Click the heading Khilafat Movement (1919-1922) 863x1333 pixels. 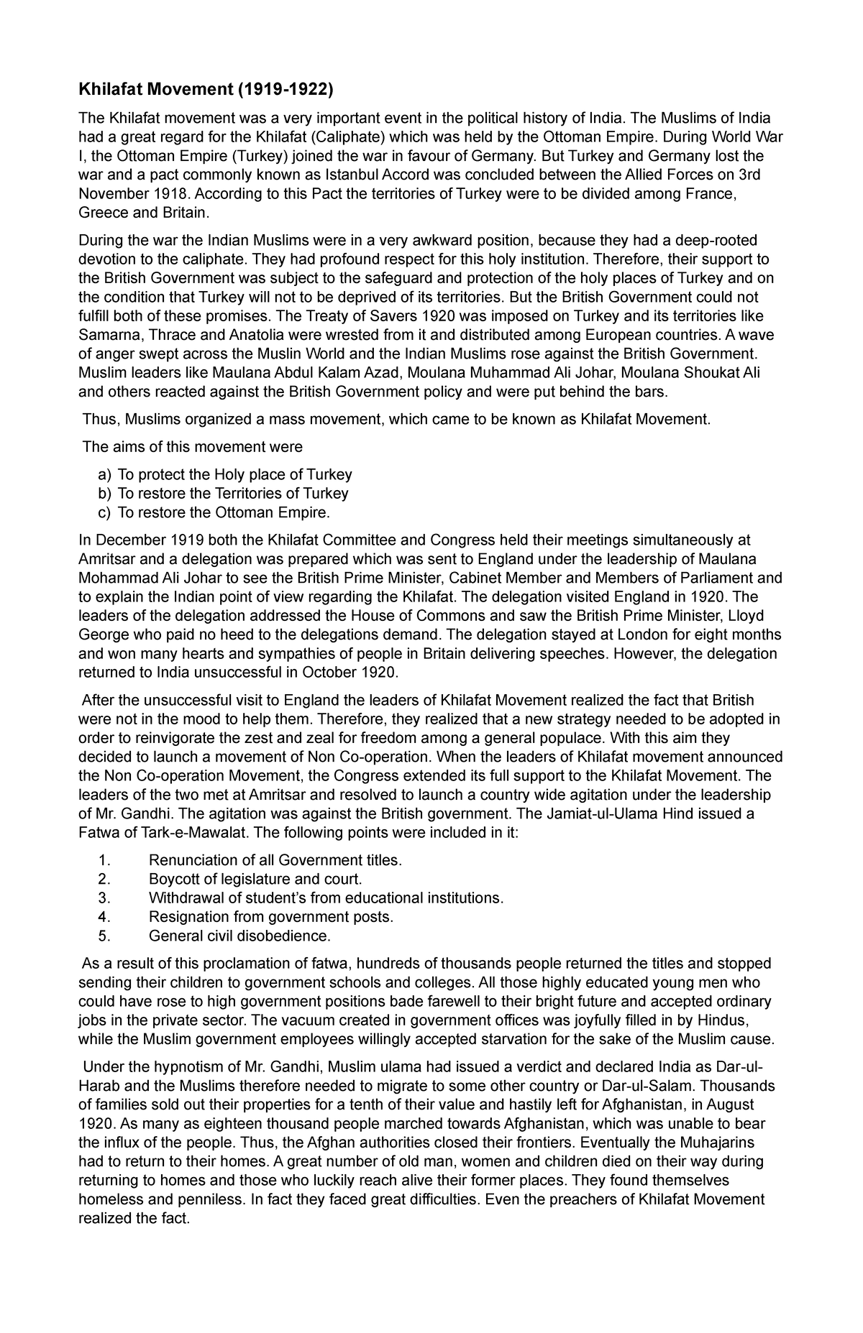tap(206, 91)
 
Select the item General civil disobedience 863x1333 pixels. tap(239, 936)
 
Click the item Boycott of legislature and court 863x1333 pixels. tap(255, 880)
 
